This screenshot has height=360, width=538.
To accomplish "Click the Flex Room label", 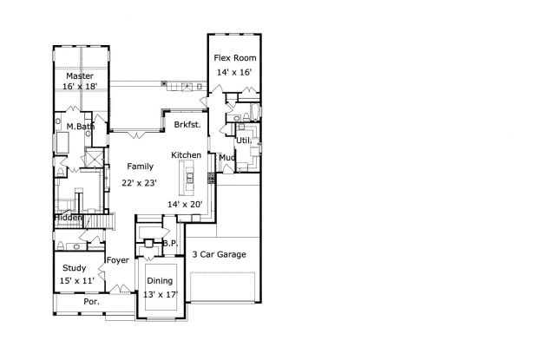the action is [x=235, y=58].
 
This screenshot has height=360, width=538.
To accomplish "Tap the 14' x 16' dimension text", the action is [x=234, y=72].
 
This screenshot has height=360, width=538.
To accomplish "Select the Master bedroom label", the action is [x=80, y=76].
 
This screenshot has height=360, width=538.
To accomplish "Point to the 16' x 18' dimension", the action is [x=81, y=86].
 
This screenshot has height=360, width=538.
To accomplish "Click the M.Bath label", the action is [x=81, y=127].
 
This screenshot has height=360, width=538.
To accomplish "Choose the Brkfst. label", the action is [x=187, y=125].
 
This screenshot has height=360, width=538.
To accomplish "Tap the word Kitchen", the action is [x=187, y=155].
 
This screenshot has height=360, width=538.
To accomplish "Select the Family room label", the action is [x=140, y=167].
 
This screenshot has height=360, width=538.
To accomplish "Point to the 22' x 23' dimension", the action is [x=140, y=183].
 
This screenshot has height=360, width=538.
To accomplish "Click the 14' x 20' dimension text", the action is [x=185, y=205].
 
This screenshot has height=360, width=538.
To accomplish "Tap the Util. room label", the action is [x=244, y=141].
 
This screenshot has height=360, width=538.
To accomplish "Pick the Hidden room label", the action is [x=69, y=218].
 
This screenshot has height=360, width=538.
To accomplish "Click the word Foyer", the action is [x=118, y=260].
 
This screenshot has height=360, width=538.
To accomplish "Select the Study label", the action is [x=74, y=268].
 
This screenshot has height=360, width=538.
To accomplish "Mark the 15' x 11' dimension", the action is [x=77, y=281].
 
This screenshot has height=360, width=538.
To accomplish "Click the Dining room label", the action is [x=160, y=281].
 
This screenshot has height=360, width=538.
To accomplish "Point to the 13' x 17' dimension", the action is [x=161, y=295].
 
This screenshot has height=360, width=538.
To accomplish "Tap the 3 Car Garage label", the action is [x=220, y=254].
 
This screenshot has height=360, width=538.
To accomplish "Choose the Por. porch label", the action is [x=92, y=302].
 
